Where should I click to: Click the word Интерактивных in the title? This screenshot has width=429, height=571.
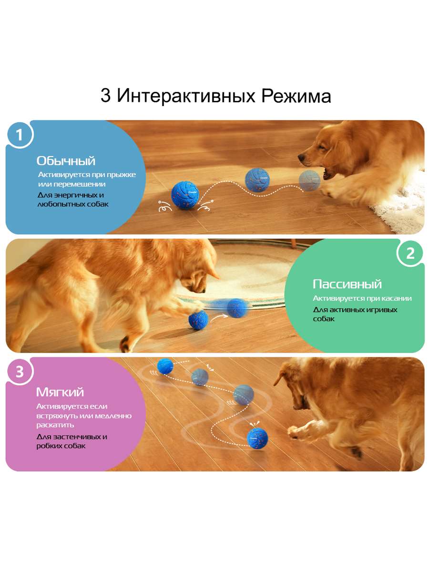[x=186, y=96]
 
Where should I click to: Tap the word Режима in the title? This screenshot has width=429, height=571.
[x=296, y=96]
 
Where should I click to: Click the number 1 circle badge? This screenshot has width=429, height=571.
[x=20, y=135]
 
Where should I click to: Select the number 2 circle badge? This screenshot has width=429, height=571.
[x=410, y=253]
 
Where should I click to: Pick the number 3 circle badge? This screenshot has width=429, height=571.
[x=20, y=372]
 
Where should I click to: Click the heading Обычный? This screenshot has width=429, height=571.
[x=66, y=161]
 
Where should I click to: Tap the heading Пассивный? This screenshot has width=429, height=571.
[x=347, y=285]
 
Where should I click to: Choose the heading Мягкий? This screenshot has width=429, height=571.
[x=60, y=392]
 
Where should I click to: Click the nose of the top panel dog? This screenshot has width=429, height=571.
[x=301, y=157]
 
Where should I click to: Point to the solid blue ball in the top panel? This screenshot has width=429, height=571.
[x=185, y=195]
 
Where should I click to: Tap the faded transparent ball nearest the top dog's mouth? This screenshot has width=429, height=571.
[x=309, y=180]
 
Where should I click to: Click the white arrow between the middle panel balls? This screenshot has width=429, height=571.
[x=218, y=317]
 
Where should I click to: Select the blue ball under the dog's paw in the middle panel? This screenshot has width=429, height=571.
[x=198, y=320]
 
